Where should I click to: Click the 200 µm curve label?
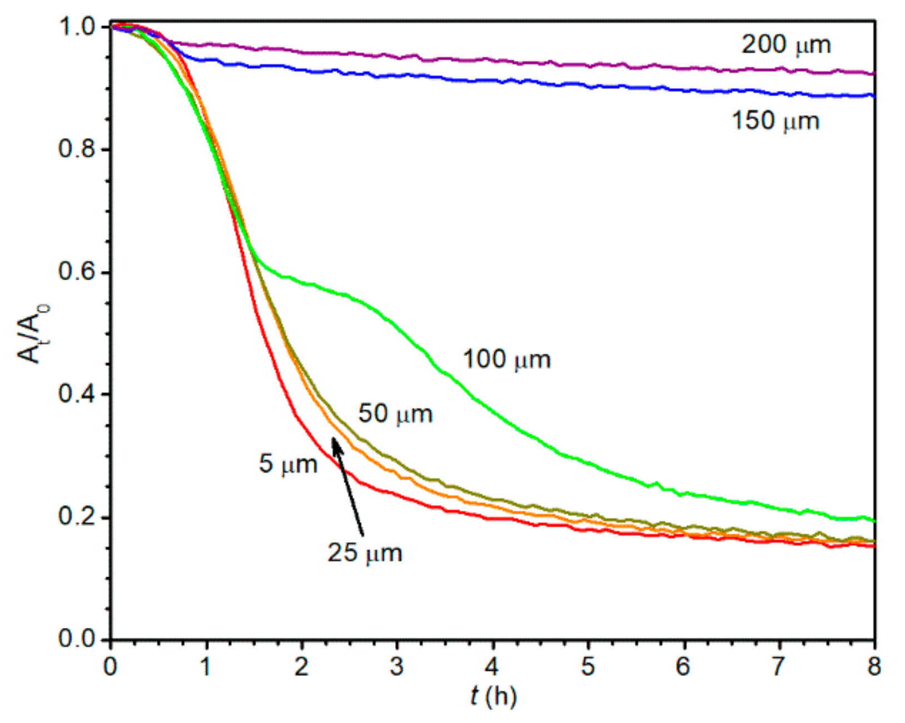click(x=786, y=44)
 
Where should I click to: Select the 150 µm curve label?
click(x=775, y=121)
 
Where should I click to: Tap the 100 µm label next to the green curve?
click(x=506, y=359)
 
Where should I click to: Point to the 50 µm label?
click(x=395, y=414)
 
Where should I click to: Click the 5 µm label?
click(x=288, y=464)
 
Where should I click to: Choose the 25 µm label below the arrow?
click(x=365, y=553)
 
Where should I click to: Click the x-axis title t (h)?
click(x=493, y=696)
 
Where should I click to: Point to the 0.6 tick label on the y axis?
click(x=76, y=272)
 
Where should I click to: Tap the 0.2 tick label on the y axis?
click(x=76, y=517)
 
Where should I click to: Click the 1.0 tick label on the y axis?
click(x=76, y=27)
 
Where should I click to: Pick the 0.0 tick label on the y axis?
click(x=76, y=639)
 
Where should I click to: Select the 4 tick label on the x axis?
click(x=492, y=666)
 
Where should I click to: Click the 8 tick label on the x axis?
click(x=874, y=666)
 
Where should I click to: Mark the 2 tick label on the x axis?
click(x=301, y=666)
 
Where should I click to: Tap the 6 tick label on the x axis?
click(x=683, y=666)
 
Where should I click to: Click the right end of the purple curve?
click(x=874, y=73)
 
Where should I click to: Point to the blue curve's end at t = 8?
click(x=874, y=96)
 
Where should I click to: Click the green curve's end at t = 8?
click(x=874, y=521)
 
